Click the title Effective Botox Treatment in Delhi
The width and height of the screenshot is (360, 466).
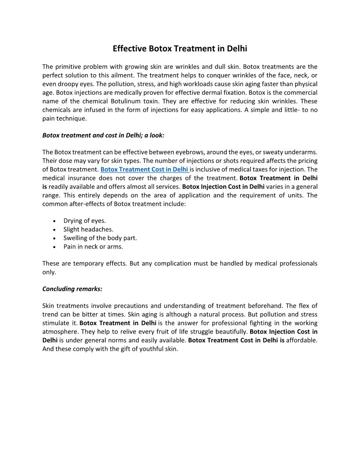[180, 48]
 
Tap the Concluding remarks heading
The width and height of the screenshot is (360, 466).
[72, 289]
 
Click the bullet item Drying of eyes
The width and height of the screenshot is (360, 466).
[85, 221]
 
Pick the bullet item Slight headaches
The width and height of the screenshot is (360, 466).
[88, 229]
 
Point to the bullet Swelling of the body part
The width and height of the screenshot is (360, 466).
[100, 238]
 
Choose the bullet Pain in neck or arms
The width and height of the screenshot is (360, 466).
[93, 247]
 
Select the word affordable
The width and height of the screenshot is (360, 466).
[302, 340]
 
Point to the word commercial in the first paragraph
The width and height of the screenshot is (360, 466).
[300, 93]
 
